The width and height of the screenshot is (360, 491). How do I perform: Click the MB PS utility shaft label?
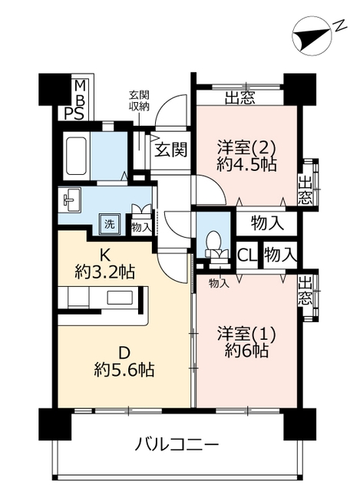tap(75, 101)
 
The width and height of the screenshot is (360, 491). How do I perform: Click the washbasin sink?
tap(71, 199)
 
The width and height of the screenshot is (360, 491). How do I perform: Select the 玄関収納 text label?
tap(140, 101)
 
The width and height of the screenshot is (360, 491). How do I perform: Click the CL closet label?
tap(247, 255)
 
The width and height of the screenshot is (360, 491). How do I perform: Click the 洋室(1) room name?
tap(246, 334)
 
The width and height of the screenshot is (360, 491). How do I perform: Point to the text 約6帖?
tap(246, 351)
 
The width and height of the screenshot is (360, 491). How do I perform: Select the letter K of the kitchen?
tap(105, 255)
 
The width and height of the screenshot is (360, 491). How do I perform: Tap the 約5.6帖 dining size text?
tap(124, 370)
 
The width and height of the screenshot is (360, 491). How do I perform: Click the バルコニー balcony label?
tap(177, 444)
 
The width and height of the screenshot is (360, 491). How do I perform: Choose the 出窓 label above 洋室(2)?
tap(240, 97)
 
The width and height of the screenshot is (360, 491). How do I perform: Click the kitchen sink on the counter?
tap(120, 297)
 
